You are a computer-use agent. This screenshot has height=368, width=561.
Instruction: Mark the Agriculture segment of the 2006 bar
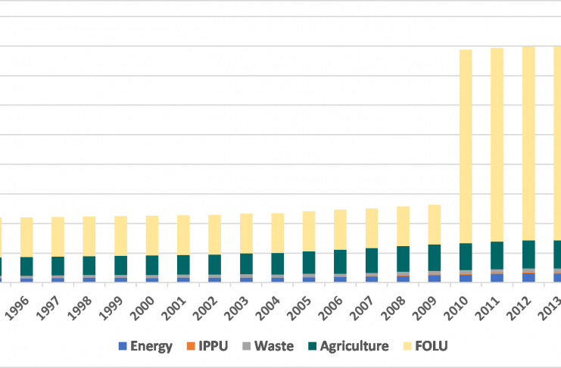click(x=341, y=261)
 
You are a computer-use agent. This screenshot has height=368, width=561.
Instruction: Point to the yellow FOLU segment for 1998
click(x=89, y=236)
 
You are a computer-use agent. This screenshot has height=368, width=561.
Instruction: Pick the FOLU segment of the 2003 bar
click(x=247, y=233)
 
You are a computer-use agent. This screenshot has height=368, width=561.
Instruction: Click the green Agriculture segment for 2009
click(x=435, y=257)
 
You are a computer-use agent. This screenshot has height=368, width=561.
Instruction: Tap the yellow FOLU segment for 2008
click(x=404, y=226)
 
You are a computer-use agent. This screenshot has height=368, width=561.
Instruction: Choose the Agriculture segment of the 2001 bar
click(x=184, y=264)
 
